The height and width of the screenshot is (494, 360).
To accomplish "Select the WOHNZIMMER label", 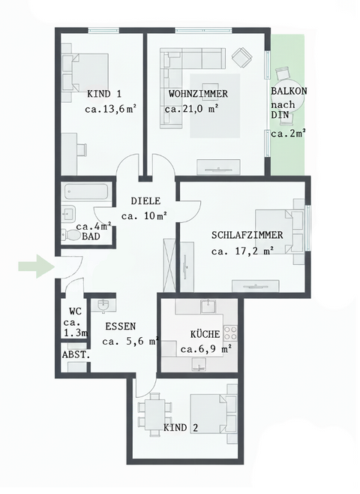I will click(197, 94).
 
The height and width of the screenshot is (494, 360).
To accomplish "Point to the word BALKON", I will click(289, 91).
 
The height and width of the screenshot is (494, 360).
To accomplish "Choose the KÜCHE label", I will click(205, 333).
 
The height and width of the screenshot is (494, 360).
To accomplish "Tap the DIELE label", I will click(145, 201).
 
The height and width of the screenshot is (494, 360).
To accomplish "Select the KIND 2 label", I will click(181, 428).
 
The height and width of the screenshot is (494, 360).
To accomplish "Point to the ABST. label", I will click(76, 354).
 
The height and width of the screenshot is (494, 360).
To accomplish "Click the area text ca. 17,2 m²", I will click(243, 251).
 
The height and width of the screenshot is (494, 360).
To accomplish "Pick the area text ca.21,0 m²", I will click(191, 108).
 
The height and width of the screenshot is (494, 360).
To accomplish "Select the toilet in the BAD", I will click(72, 235).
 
